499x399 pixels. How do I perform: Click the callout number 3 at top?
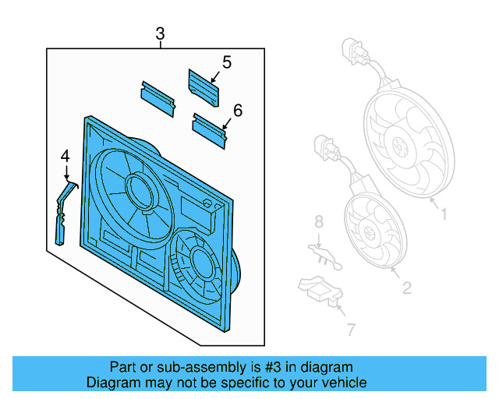coord(160,34)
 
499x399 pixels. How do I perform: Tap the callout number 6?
coord(237,111)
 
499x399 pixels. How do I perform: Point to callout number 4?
coord(65,157)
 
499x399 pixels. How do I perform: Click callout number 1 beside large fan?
coord(444,213)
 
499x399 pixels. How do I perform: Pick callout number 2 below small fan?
coord(406,288)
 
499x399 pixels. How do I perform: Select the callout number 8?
coord(318,223)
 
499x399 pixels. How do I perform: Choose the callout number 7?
coord(350,330)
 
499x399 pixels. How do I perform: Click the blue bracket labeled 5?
coord(203,87)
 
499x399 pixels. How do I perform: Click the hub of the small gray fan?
coord(370,230)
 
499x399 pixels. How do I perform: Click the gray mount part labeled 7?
coord(320,291)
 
